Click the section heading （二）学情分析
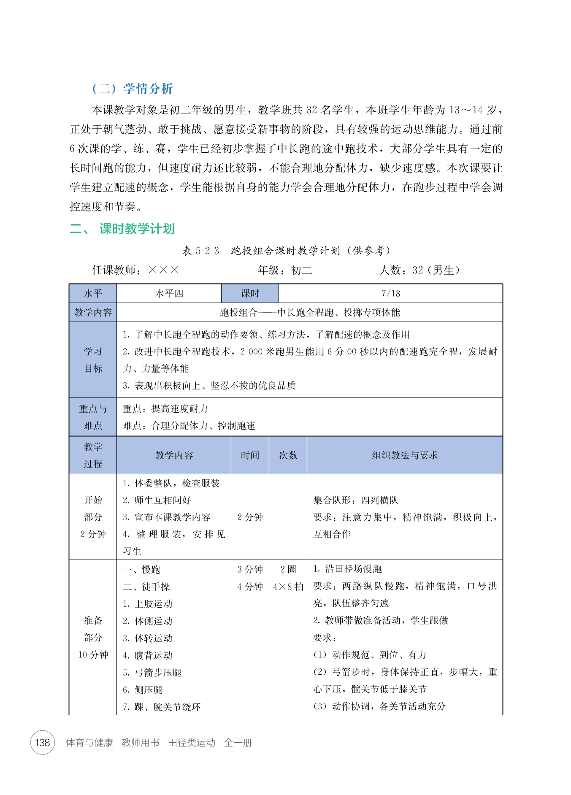[133, 89]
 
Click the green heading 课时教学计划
[137, 229]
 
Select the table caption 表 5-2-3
[200, 251]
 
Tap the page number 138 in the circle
[43, 742]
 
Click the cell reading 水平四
[169, 293]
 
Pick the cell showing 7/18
[390, 293]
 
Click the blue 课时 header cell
[250, 293]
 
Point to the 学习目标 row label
[93, 360]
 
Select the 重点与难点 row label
[93, 417]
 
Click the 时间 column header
[250, 455]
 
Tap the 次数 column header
[288, 455]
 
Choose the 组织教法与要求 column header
[405, 455]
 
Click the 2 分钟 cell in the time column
[250, 517]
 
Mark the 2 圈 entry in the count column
[288, 569]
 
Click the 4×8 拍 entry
[288, 587]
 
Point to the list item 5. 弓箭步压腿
[152, 672]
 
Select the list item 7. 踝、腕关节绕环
[162, 706]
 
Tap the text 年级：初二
[285, 270]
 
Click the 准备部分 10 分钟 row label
[93, 637]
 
